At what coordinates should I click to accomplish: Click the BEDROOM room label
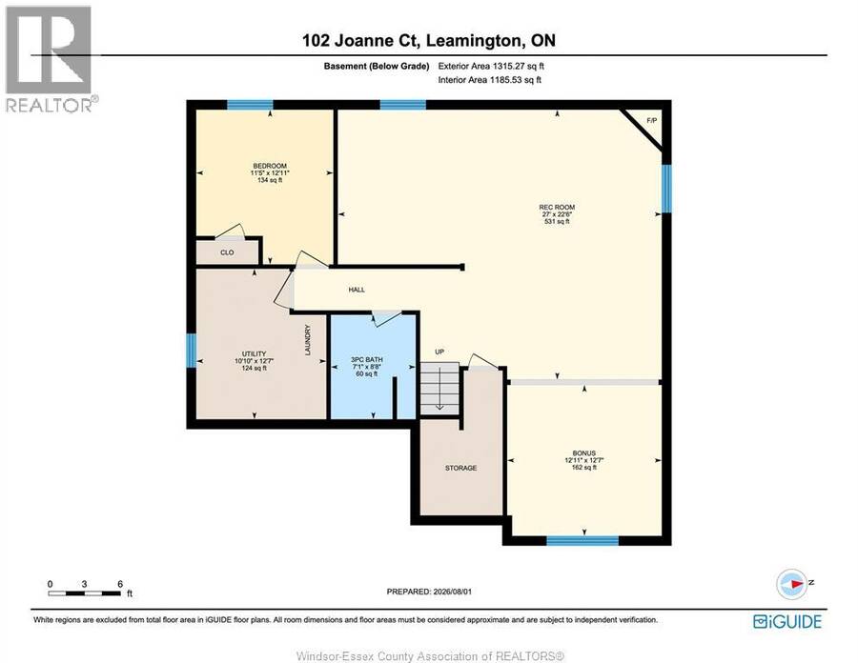(x=270, y=166)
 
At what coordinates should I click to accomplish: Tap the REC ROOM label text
(x=557, y=207)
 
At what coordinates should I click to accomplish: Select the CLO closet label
(x=227, y=252)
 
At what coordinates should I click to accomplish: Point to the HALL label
(x=357, y=290)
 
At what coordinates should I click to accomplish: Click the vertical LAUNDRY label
(x=308, y=340)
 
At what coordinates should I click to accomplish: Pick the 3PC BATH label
(x=367, y=360)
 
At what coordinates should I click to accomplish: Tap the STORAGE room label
(x=460, y=468)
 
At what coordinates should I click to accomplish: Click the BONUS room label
(x=583, y=453)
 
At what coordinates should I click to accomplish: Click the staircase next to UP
(x=439, y=388)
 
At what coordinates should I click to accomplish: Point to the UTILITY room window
(x=191, y=351)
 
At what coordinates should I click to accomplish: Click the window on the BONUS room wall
(x=582, y=540)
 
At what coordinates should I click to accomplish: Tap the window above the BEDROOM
(x=250, y=105)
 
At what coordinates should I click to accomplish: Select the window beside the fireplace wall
(x=666, y=189)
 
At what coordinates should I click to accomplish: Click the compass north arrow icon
(x=792, y=584)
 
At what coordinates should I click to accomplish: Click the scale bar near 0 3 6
(x=84, y=593)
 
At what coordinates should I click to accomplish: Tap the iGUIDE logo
(x=787, y=621)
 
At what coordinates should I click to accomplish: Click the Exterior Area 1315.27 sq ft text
(x=491, y=66)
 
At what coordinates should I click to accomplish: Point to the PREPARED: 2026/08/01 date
(x=429, y=592)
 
